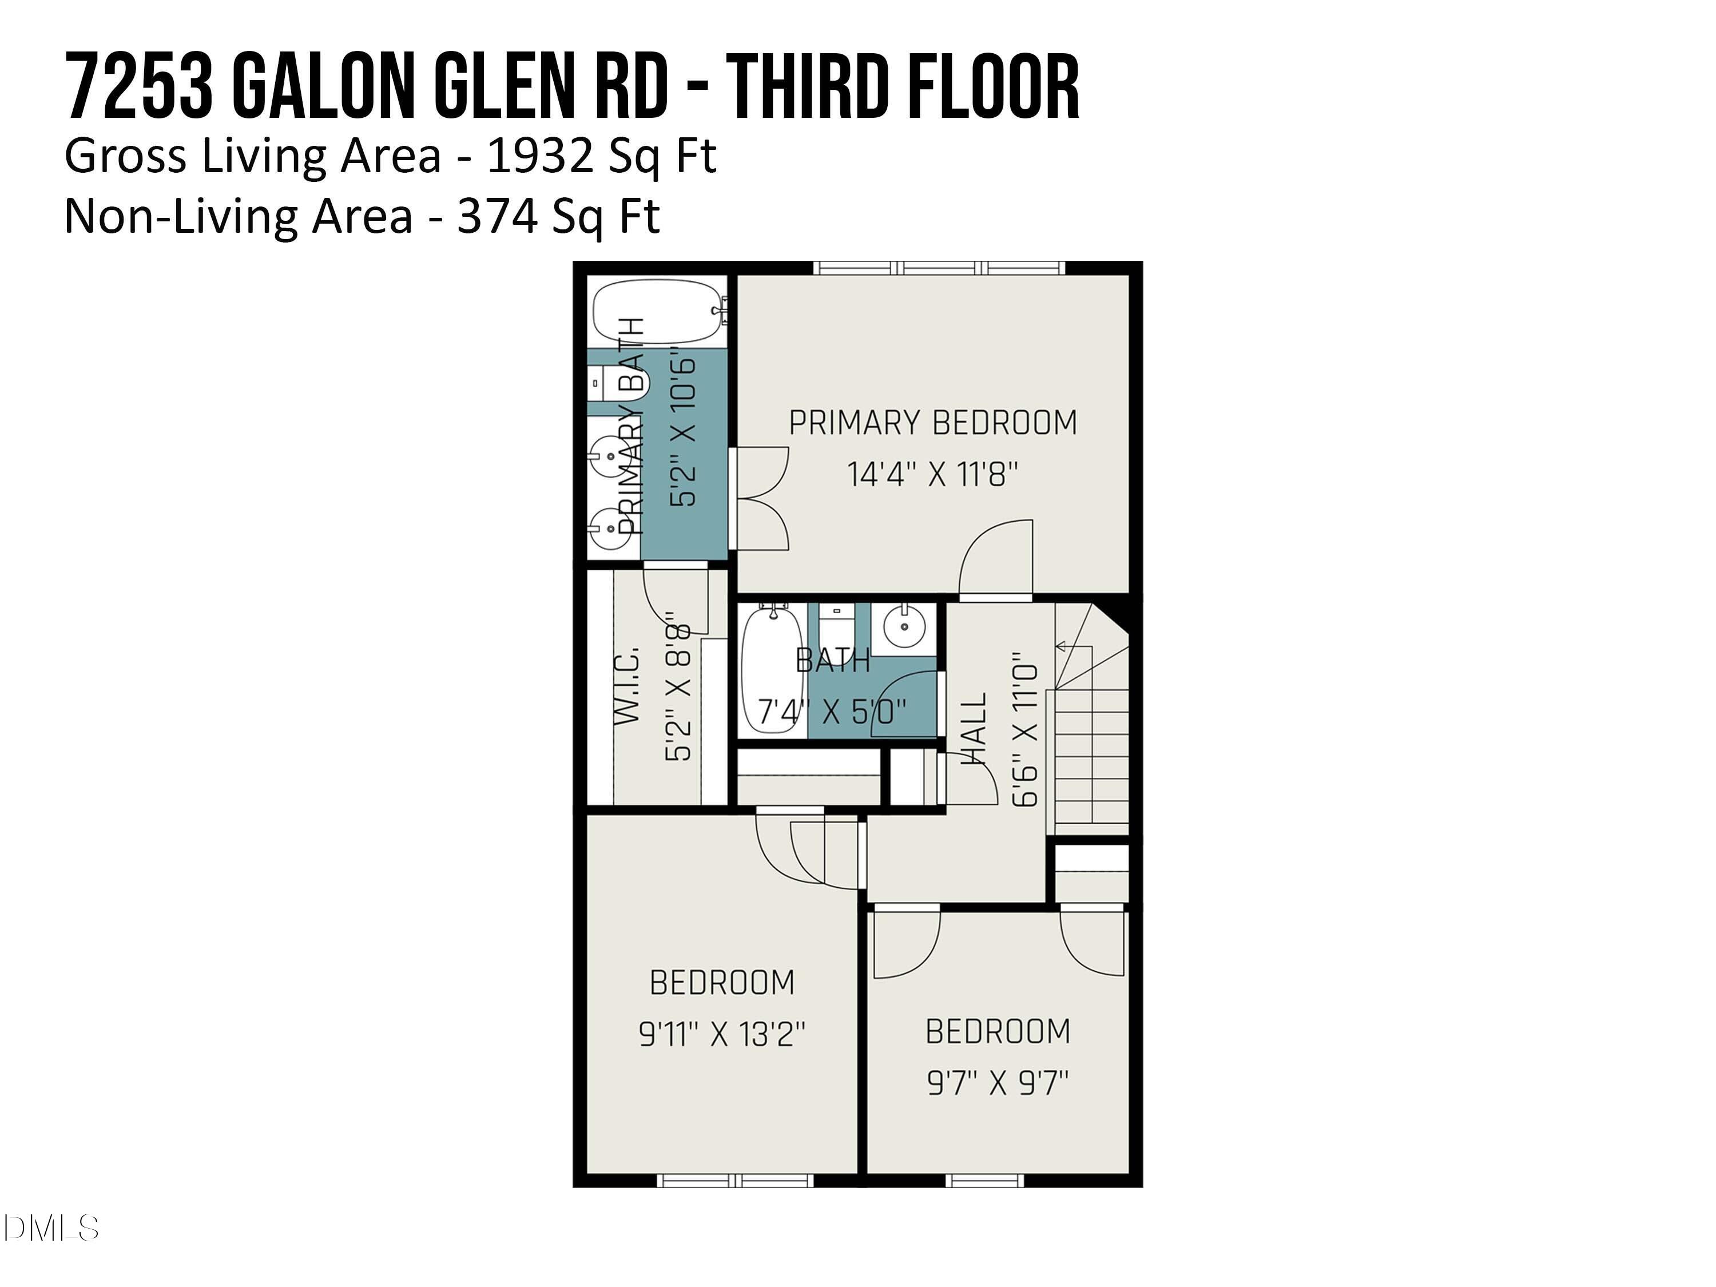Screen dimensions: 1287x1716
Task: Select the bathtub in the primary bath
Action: (x=658, y=311)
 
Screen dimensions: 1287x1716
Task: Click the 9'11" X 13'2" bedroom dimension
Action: (x=721, y=1034)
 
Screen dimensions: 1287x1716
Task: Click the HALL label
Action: (x=974, y=729)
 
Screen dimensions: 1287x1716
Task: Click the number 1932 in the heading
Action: (x=538, y=156)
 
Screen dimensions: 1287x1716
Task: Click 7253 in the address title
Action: (x=140, y=87)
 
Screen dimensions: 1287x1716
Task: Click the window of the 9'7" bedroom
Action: (x=984, y=1181)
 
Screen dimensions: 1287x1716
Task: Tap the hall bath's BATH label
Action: (x=833, y=661)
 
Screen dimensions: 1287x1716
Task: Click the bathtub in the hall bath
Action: (x=772, y=669)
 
